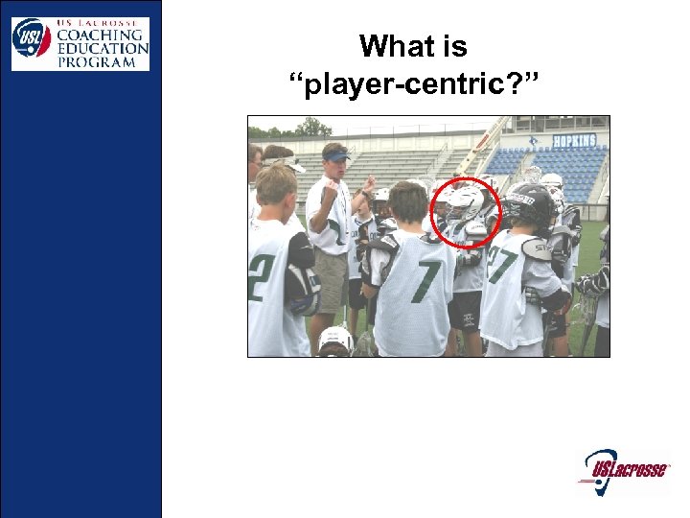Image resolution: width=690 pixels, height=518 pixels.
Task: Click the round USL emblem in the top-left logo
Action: [32, 37]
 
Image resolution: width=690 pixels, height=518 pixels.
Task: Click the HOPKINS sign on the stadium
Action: [573, 140]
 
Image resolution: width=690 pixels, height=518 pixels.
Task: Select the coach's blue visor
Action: [336, 154]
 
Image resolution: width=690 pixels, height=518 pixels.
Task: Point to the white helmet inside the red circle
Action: [467, 203]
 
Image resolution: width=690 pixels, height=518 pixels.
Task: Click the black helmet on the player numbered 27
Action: [531, 203]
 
